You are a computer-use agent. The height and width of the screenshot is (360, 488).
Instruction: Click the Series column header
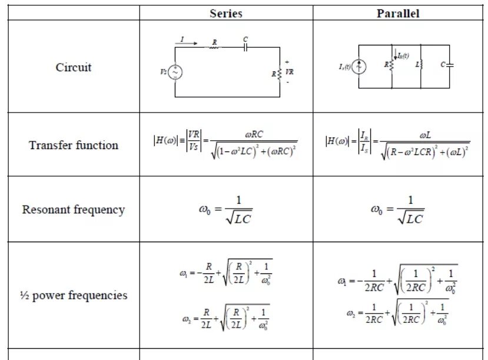(x=226, y=13)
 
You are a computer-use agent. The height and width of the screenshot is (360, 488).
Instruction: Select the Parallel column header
(x=398, y=13)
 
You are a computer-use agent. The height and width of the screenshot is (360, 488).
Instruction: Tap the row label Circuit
(x=74, y=67)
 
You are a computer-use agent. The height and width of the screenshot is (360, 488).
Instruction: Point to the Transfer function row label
(x=74, y=145)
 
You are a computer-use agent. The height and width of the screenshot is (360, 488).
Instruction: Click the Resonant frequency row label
(x=74, y=210)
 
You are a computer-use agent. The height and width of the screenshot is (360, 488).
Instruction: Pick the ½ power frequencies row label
(x=74, y=295)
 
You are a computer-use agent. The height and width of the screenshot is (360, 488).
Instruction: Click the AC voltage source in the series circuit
(x=175, y=72)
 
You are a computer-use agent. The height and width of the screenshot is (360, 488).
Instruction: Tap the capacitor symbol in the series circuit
(x=245, y=47)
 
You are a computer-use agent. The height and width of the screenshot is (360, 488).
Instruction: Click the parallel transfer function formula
(x=398, y=144)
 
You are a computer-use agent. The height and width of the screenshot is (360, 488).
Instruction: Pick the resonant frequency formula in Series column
(x=225, y=210)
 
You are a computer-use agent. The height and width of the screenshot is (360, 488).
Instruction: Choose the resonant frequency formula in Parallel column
(x=398, y=210)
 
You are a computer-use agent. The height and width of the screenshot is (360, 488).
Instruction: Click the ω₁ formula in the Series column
(x=225, y=272)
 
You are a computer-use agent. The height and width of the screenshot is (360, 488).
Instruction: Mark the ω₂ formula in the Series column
(x=225, y=318)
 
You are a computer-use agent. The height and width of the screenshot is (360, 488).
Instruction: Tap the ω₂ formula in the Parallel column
(x=398, y=312)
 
